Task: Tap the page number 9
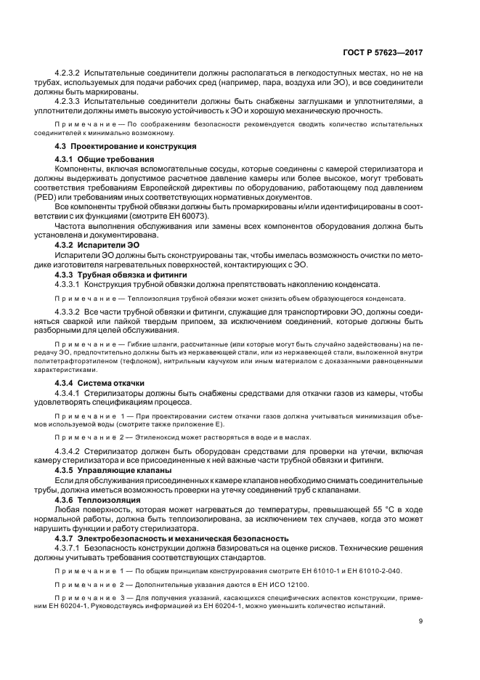[x=421, y=620]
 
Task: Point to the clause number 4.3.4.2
[x=68, y=450]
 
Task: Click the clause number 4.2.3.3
[x=68, y=101]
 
